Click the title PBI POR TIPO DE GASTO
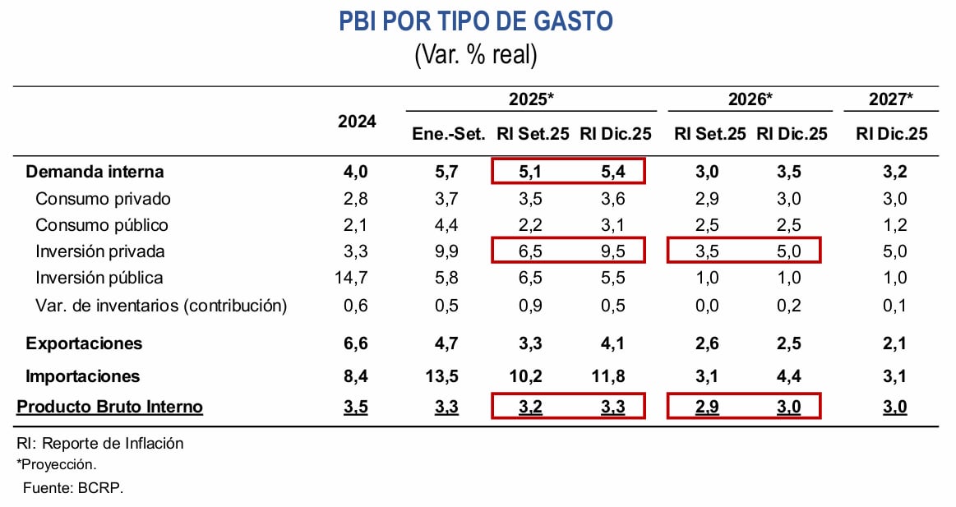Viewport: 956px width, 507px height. pyautogui.click(x=476, y=21)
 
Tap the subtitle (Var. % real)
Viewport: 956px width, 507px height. pyautogui.click(x=476, y=55)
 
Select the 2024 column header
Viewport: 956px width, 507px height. pyautogui.click(x=357, y=121)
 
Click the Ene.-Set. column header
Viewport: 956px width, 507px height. pyautogui.click(x=449, y=134)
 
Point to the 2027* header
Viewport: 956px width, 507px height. pyautogui.click(x=891, y=99)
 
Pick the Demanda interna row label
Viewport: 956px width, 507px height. pyautogui.click(x=95, y=172)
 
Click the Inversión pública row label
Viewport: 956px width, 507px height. pyautogui.click(x=99, y=278)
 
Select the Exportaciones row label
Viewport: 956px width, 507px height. pyautogui.click(x=84, y=343)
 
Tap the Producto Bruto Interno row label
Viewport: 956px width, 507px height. pyautogui.click(x=110, y=407)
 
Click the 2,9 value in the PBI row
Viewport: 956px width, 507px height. pyautogui.click(x=707, y=407)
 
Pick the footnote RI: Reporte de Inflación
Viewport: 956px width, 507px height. pyautogui.click(x=100, y=444)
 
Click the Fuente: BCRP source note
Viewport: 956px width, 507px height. pyautogui.click(x=73, y=487)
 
